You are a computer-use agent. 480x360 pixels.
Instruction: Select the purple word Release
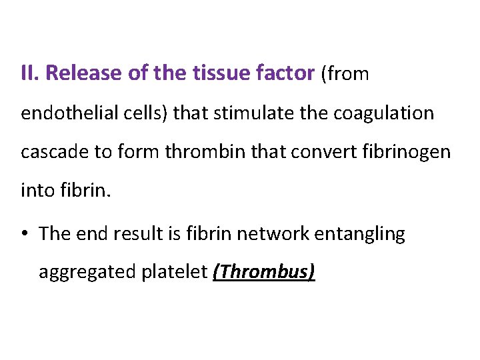coord(78,73)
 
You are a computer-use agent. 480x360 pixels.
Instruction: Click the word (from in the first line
coord(345,73)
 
